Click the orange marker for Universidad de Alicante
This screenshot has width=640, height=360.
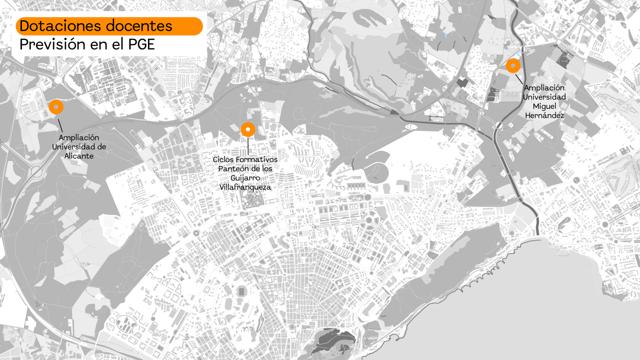[56, 107]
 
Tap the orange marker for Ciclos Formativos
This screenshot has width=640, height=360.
[248, 129]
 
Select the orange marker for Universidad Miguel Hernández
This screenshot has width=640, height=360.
[513, 66]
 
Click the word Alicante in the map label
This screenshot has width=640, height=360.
[79, 156]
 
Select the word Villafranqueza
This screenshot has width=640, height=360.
[245, 187]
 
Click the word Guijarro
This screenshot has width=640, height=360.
[245, 178]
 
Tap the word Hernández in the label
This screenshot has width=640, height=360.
[544, 115]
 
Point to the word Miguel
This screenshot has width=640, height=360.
[544, 106]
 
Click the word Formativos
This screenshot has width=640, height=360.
[256, 159]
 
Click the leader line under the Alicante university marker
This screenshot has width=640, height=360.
[60, 125]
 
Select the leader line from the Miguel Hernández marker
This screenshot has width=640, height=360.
[519, 79]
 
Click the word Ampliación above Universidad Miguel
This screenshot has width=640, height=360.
[544, 88]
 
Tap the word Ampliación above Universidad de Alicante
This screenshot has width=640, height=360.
[79, 138]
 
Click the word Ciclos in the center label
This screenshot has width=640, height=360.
[223, 159]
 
